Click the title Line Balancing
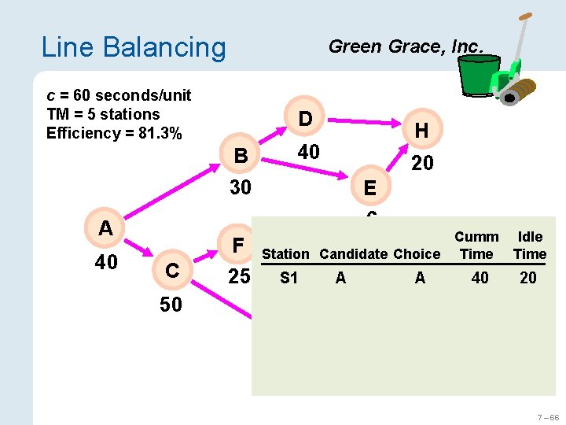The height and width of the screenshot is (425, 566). click(133, 47)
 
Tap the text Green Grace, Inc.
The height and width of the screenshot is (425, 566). click(405, 46)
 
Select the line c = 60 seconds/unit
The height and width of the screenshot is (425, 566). click(119, 95)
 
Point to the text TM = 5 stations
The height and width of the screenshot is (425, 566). click(103, 114)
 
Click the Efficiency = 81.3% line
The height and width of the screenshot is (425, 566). click(114, 133)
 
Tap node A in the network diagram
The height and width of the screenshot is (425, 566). click(106, 228)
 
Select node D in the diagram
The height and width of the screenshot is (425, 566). click(306, 119)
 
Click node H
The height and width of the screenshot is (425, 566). click(421, 131)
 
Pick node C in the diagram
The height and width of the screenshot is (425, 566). click(171, 271)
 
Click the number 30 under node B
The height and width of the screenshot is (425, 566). click(240, 187)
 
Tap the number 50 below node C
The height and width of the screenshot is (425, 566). click(171, 305)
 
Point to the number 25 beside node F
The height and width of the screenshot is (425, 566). click(239, 277)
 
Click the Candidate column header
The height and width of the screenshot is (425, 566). click(353, 253)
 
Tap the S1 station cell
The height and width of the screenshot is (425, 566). click(289, 278)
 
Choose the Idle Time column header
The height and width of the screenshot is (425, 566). click(529, 246)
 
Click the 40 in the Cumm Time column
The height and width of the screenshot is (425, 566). click(480, 278)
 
